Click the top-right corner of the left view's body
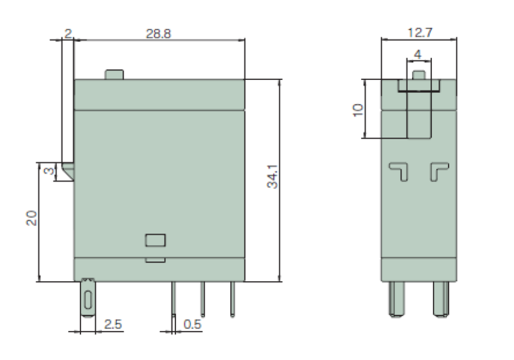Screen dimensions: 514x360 tap(245, 79)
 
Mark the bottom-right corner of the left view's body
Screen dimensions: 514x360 tap(245, 281)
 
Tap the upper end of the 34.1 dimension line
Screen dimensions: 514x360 tap(280, 79)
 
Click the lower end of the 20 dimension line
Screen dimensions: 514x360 tap(39, 281)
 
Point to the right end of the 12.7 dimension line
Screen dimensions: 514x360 tap(456, 40)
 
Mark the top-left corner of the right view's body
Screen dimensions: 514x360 tap(381, 79)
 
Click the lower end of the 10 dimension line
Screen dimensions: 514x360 tap(364, 138)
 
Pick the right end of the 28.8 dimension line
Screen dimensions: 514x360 tap(245, 40)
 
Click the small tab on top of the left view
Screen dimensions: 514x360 tap(114, 75)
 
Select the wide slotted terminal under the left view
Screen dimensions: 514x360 tap(88, 298)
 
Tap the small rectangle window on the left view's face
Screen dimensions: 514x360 tap(155, 240)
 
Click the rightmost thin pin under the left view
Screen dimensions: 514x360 tap(232, 299)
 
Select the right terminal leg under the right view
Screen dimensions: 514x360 tap(441, 299)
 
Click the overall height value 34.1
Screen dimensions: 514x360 tap(272, 177)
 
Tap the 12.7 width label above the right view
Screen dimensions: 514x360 tap(420, 33)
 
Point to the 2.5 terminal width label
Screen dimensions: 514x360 tap(113, 325)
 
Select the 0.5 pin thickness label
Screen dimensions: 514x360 tap(192, 325)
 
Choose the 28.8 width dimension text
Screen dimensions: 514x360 tap(158, 34)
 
